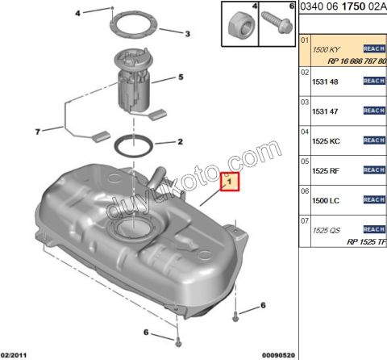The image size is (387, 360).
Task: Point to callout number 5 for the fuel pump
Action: (x=181, y=77)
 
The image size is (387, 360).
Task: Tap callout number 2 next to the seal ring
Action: (x=180, y=142)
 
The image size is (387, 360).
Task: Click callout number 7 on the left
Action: (x=37, y=131)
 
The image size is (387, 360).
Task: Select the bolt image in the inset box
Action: (x=273, y=26)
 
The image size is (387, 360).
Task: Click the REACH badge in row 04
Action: (x=374, y=140)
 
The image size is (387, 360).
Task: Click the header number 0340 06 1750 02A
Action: (x=343, y=7)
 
